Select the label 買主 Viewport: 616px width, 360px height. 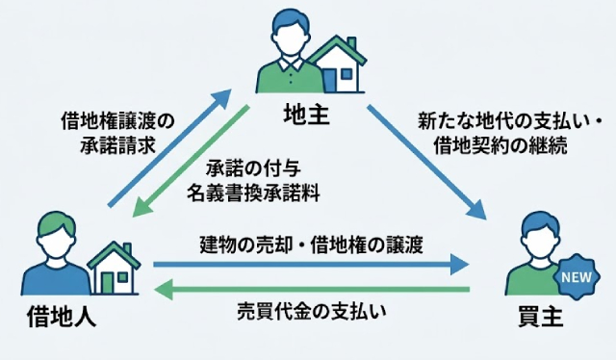[x=538, y=314]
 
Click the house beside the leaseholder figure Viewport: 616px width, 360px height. [x=113, y=267]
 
